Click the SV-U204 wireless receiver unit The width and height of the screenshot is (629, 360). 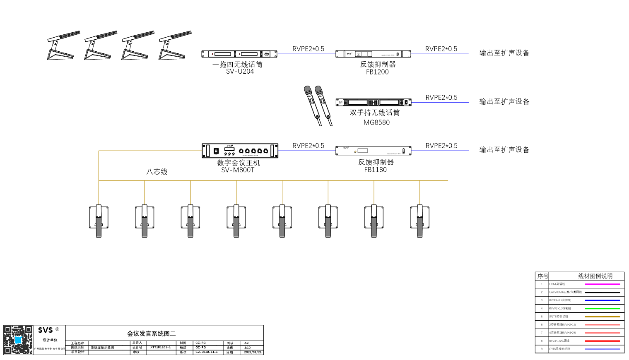click(x=239, y=54)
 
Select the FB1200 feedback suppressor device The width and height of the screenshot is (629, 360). click(x=373, y=54)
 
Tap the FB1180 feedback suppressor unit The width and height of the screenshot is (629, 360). click(x=373, y=151)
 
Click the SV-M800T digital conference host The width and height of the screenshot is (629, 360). click(x=240, y=151)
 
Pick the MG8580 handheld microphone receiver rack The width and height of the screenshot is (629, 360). click(x=373, y=102)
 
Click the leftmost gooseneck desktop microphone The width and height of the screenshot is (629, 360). click(x=62, y=46)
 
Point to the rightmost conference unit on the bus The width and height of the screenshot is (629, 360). click(x=419, y=221)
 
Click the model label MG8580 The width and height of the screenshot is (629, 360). click(x=376, y=122)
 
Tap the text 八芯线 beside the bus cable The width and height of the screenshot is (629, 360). click(x=157, y=172)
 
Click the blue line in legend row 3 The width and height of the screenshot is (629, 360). click(x=602, y=300)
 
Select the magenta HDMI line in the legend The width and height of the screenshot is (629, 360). click(x=602, y=284)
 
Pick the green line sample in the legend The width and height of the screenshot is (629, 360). click(x=602, y=308)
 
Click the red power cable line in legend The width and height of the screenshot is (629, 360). click(x=602, y=341)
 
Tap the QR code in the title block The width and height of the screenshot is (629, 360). click(x=18, y=340)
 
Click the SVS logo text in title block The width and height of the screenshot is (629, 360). click(x=46, y=330)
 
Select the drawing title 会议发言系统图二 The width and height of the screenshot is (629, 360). click(x=151, y=334)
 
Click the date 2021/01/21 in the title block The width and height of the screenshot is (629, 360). click(x=253, y=352)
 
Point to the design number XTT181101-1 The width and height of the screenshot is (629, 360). click(x=160, y=348)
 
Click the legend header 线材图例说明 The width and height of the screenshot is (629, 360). click(x=595, y=276)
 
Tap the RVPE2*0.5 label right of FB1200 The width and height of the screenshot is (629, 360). click(x=441, y=49)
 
